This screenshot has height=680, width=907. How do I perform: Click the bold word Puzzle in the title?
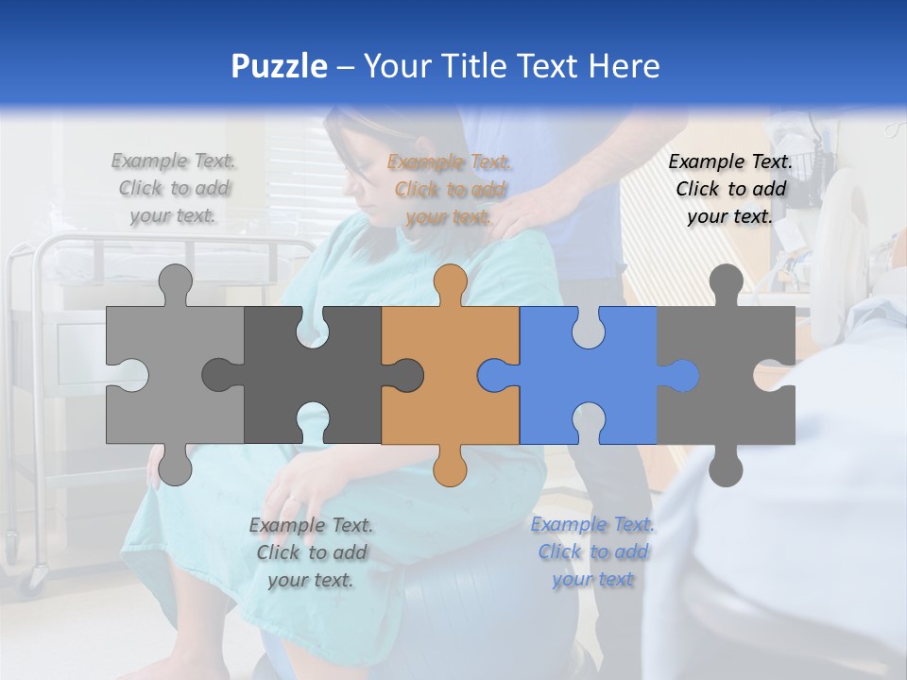[x=279, y=66]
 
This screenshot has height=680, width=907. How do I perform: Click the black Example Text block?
[x=730, y=189]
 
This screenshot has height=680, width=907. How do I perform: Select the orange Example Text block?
[x=449, y=189]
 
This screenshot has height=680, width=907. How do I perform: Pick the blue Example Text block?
[x=592, y=552]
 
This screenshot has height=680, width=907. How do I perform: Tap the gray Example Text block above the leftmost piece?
[x=174, y=188]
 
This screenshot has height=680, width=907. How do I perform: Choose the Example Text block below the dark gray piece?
[x=311, y=552]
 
